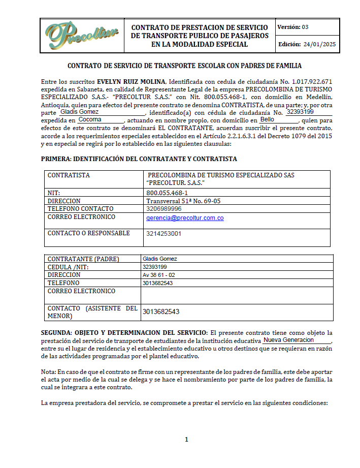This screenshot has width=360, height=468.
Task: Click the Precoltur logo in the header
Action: pyautogui.click(x=81, y=35)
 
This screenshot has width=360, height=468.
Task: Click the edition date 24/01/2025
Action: pyautogui.click(x=320, y=45)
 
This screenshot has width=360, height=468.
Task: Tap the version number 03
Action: pyautogui.click(x=305, y=27)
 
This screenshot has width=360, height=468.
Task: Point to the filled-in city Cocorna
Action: pyautogui.click(x=90, y=119)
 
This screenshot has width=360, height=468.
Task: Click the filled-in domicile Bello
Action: pyautogui.click(x=267, y=119)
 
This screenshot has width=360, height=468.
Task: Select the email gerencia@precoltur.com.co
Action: pyautogui.click(x=185, y=217)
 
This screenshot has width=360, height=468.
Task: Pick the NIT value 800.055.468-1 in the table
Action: pyautogui.click(x=167, y=193)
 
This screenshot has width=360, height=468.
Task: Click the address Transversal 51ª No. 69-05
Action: pyautogui.click(x=183, y=201)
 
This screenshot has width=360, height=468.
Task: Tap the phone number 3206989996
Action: pyautogui.click(x=163, y=209)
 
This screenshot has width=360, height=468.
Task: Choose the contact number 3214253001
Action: pyautogui.click(x=163, y=234)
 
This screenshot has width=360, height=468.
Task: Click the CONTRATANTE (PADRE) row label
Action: pyautogui.click(x=83, y=259)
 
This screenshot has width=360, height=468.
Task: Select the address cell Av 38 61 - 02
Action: pyautogui.click(x=159, y=275)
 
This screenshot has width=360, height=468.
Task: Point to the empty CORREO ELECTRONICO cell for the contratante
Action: pyautogui.click(x=237, y=295)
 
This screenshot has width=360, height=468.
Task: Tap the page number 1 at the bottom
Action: pyautogui.click(x=186, y=439)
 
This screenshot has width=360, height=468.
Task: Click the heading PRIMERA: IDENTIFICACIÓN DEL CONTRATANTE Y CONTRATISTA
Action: pyautogui.click(x=139, y=159)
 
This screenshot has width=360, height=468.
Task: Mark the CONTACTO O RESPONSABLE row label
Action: pyautogui.click(x=88, y=233)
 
